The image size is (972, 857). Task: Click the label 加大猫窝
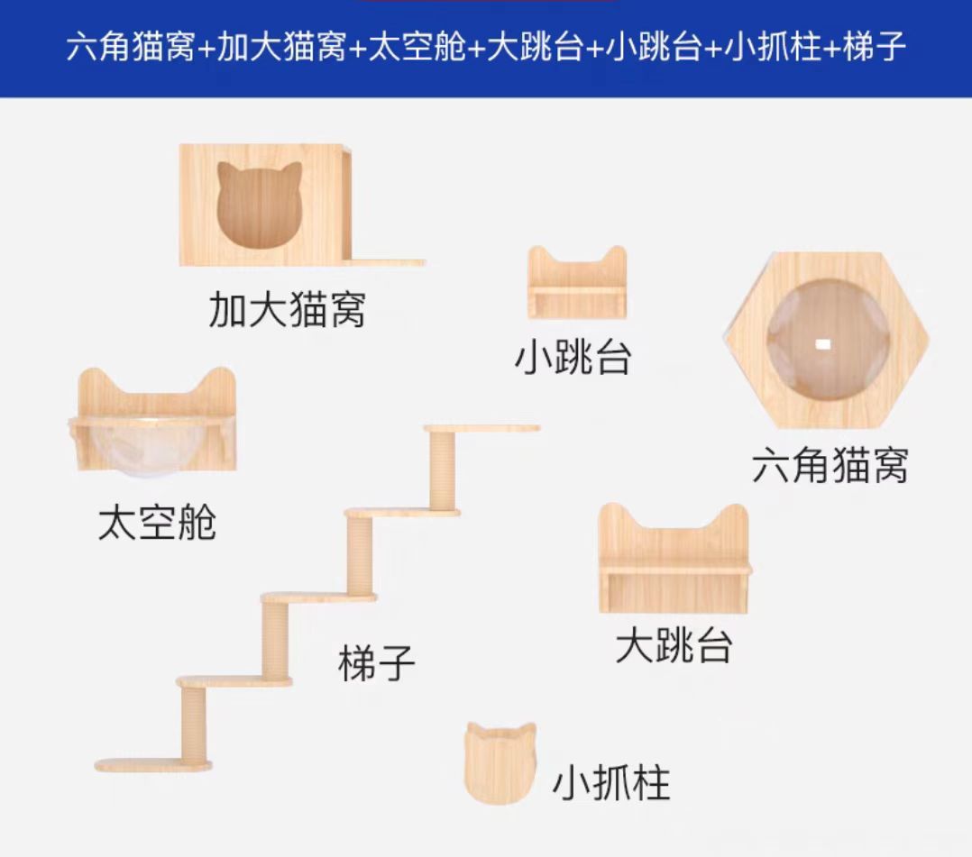click(x=287, y=308)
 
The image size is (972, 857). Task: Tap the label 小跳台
click(x=573, y=357)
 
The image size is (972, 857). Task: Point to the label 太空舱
click(x=157, y=522)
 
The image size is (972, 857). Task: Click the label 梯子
click(x=377, y=663)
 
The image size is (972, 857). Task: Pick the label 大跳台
click(x=674, y=645)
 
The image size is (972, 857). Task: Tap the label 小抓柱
click(x=611, y=783)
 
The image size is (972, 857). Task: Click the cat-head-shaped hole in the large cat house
click(x=260, y=205)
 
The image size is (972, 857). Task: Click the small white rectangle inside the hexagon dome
click(x=822, y=344)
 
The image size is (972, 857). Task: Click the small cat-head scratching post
click(x=500, y=761)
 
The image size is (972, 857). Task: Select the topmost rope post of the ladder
click(x=443, y=469)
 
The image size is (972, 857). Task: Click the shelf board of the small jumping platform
click(x=577, y=292)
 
